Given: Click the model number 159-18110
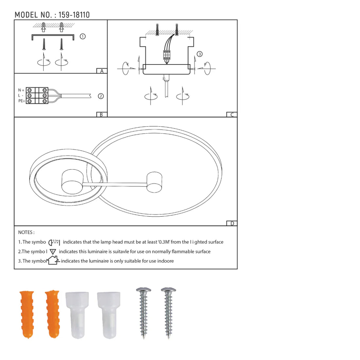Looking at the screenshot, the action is coord(74,15).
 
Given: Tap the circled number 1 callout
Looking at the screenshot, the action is coord(83,36).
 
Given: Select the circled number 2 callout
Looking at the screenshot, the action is coord(101,96).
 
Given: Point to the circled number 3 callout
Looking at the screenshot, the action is coord(200,54).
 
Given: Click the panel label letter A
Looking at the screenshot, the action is coord(102,71).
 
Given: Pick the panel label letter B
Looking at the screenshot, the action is coord(101,115).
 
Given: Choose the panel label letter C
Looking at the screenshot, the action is coord(232,115).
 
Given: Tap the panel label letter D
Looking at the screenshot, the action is coord(232,224).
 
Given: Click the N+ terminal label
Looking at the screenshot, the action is coord(21,90).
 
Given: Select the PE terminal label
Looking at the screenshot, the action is coord(22,101).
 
